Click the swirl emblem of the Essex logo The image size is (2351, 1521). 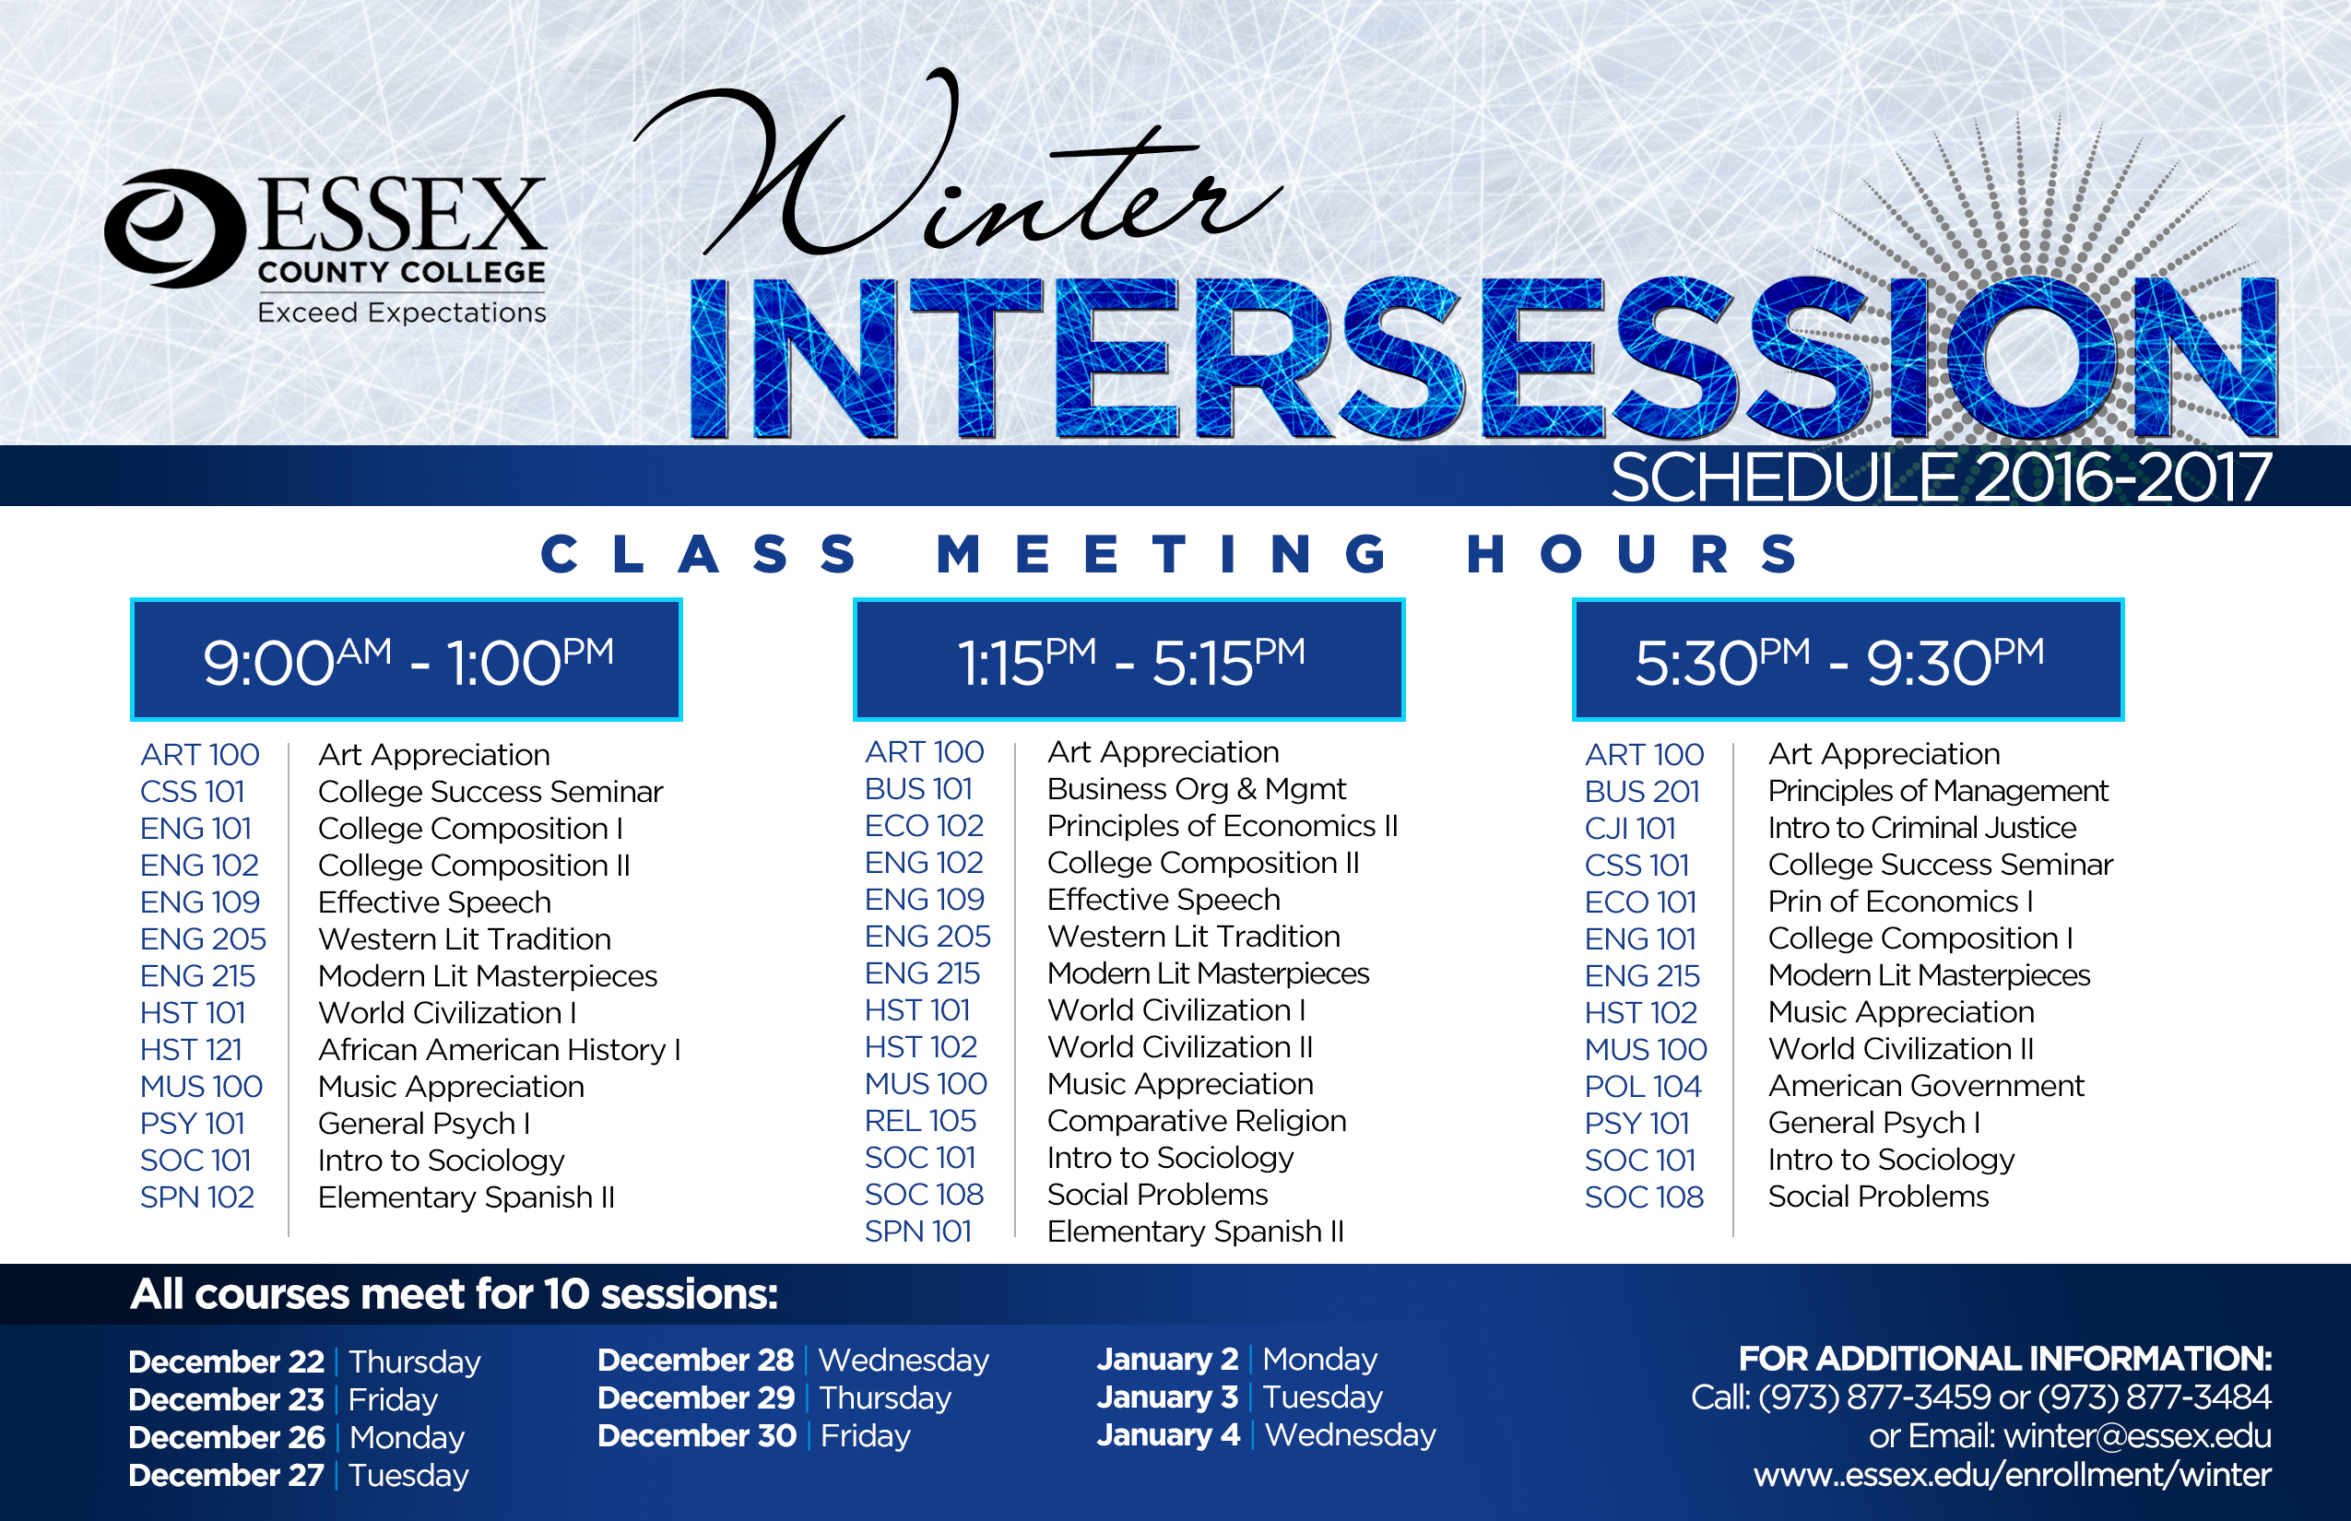pos(174,229)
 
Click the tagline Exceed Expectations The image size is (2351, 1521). pos(401,313)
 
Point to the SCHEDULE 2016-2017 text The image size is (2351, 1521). pos(1941,478)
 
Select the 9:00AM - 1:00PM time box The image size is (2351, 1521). pos(406,660)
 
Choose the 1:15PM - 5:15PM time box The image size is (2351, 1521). pos(1129,660)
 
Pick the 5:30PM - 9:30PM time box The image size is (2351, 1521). pos(1849,660)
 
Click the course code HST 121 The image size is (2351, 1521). pos(191,1050)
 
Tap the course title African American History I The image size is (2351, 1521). pos(500,1050)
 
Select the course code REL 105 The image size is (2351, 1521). pos(920,1121)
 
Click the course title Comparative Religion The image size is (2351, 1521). pos(1198,1121)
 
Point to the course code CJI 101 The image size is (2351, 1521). pos(1630,829)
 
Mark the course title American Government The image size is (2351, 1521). pos(1926,1087)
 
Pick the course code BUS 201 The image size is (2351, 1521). pos(1642,792)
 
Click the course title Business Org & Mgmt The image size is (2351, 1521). pos(1197,789)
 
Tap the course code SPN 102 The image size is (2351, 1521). pos(197,1197)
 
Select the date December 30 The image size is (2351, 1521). pos(696,1435)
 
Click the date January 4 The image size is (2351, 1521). pos(1169,1434)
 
